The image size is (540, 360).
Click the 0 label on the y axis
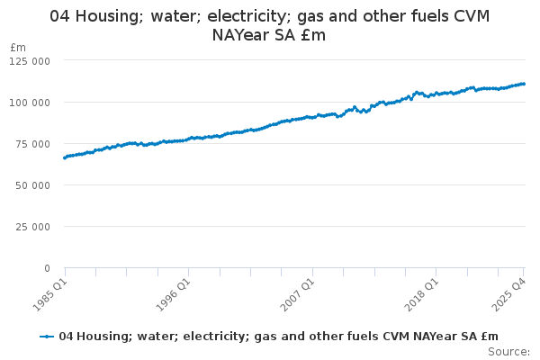(47, 267)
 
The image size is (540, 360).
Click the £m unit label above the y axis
(19, 47)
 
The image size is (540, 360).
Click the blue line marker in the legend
(47, 337)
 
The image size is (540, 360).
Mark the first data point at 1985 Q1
(65, 157)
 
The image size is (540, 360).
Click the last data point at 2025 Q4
(524, 84)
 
